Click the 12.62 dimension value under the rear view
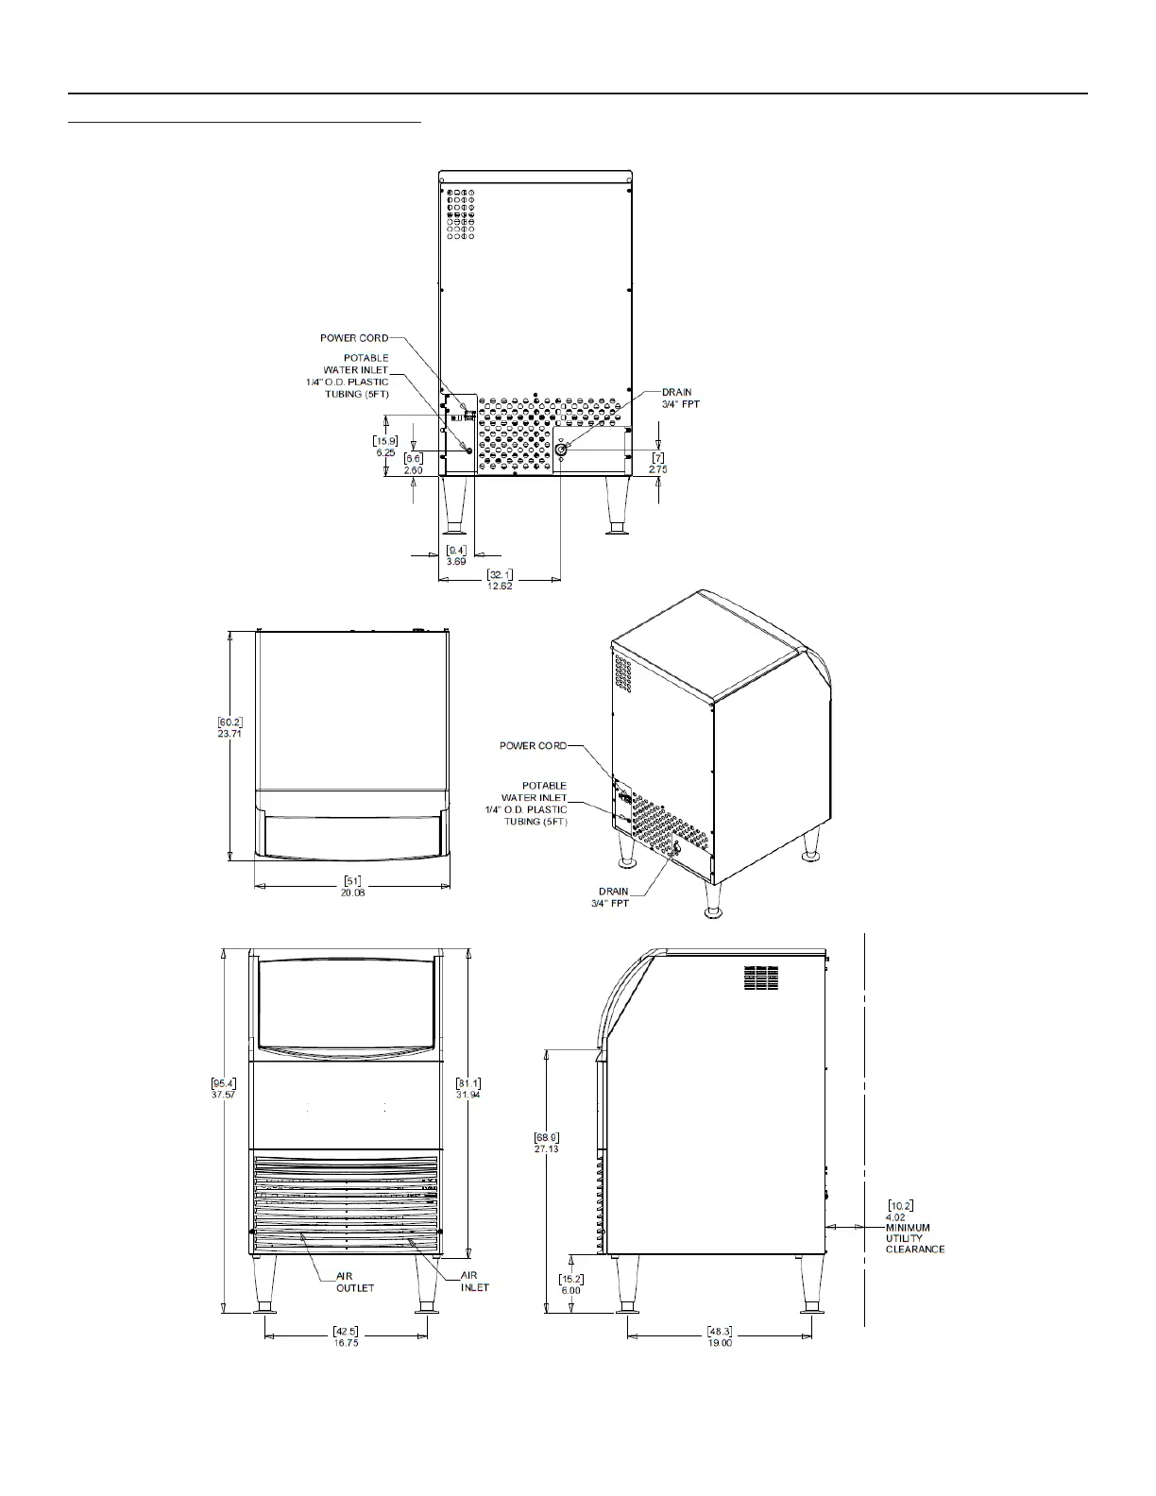(500, 586)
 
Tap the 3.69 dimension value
(456, 561)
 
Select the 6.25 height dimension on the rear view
(385, 452)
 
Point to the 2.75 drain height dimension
(657, 469)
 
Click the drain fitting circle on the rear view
(560, 450)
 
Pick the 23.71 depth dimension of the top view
(229, 733)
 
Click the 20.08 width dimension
(352, 892)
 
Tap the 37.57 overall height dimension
(223, 1094)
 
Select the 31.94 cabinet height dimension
(468, 1094)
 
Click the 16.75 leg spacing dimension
(346, 1361)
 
